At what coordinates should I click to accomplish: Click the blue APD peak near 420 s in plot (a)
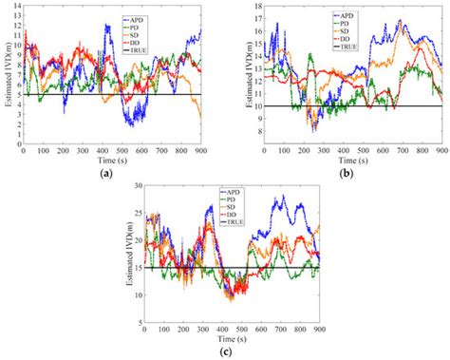click(107, 27)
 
